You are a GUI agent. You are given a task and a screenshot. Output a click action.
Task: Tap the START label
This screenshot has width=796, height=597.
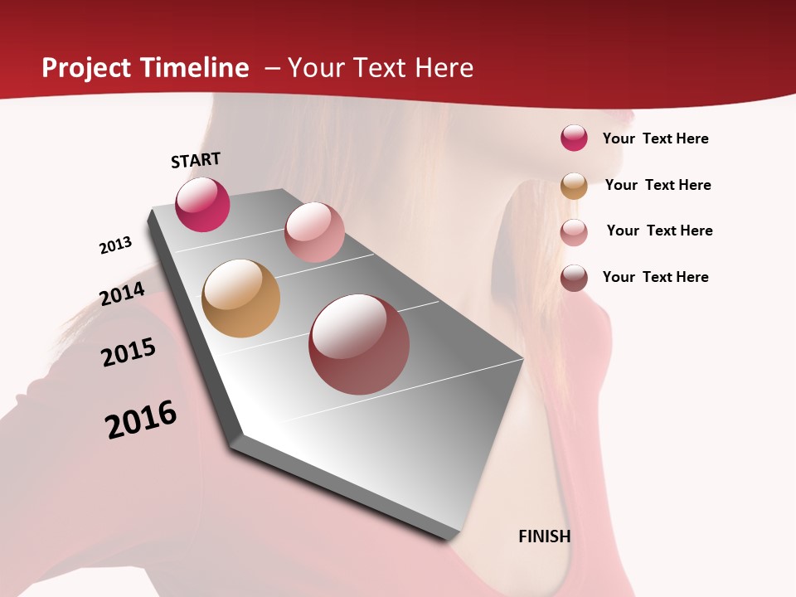point(196,160)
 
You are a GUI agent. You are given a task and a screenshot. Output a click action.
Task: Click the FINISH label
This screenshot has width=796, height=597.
point(545,536)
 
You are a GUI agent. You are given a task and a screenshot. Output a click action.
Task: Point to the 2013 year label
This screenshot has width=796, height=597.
point(115,245)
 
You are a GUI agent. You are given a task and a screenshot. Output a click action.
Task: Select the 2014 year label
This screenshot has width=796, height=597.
point(122,294)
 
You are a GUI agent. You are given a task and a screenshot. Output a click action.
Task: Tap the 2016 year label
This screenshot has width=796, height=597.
point(141,420)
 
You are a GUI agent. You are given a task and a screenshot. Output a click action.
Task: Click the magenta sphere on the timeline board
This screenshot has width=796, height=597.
point(202,205)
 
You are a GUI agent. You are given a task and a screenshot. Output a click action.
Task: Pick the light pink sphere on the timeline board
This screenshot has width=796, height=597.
point(314,232)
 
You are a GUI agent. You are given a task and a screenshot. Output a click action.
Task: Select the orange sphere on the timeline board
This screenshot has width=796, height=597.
point(240,298)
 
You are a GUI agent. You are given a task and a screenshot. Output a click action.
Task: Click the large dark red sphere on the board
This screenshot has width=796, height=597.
point(359,344)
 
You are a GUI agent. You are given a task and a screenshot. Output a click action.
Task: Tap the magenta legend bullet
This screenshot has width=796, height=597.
point(574,138)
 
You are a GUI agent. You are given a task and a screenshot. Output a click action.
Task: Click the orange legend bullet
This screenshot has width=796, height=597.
point(574,186)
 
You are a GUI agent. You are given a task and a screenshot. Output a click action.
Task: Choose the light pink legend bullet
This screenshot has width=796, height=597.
point(574,232)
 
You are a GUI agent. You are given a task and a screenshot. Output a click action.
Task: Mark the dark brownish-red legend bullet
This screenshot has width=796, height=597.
point(574,278)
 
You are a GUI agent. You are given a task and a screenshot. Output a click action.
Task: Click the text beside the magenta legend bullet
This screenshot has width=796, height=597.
point(655,138)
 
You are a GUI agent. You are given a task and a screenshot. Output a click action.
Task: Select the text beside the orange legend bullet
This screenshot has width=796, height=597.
point(658,185)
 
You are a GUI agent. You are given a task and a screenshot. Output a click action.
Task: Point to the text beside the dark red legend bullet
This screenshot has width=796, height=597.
point(655,277)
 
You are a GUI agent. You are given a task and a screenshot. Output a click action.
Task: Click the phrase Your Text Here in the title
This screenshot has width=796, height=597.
point(381,68)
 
